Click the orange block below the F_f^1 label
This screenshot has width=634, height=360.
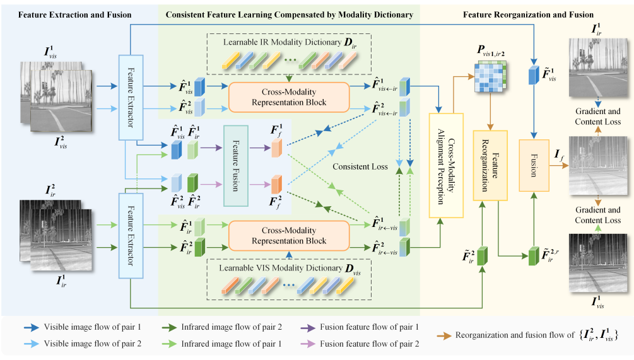click(x=276, y=149)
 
